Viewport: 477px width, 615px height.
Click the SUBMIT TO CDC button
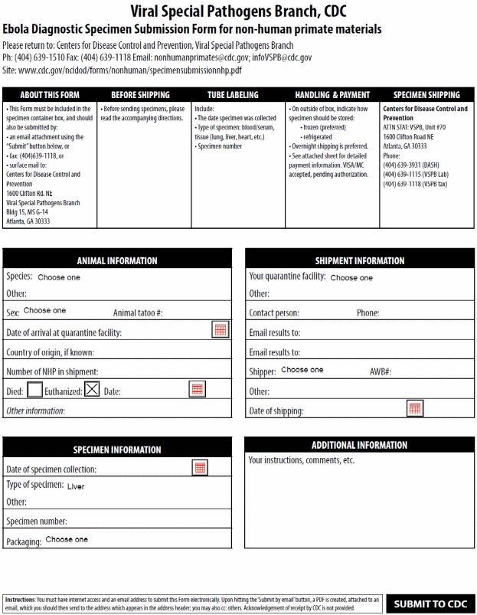coord(430,604)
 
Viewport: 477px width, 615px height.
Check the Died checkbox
coord(34,390)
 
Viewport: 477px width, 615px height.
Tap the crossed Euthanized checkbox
coord(92,390)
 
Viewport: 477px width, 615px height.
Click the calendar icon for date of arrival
coord(221,330)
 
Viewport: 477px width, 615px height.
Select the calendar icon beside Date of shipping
coord(414,408)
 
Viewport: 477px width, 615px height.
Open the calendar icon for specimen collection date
coord(200,467)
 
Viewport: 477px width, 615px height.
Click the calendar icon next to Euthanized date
coord(197,389)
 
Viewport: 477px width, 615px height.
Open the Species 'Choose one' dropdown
coord(59,277)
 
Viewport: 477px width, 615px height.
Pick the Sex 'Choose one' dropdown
coord(44,311)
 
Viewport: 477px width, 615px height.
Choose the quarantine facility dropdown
coord(351,278)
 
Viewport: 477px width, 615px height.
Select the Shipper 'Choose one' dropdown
coord(302,370)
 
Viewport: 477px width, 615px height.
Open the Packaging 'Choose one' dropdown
coord(67,539)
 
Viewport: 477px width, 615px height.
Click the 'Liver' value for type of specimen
coord(76,486)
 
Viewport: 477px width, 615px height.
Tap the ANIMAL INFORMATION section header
coord(117,260)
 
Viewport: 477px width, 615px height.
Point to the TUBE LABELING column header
coord(233,95)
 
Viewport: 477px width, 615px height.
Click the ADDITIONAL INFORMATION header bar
coord(359,445)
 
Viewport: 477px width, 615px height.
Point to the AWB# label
coord(381,371)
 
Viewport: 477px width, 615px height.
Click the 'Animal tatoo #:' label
coord(138,313)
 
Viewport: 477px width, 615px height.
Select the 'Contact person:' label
coord(274,313)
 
